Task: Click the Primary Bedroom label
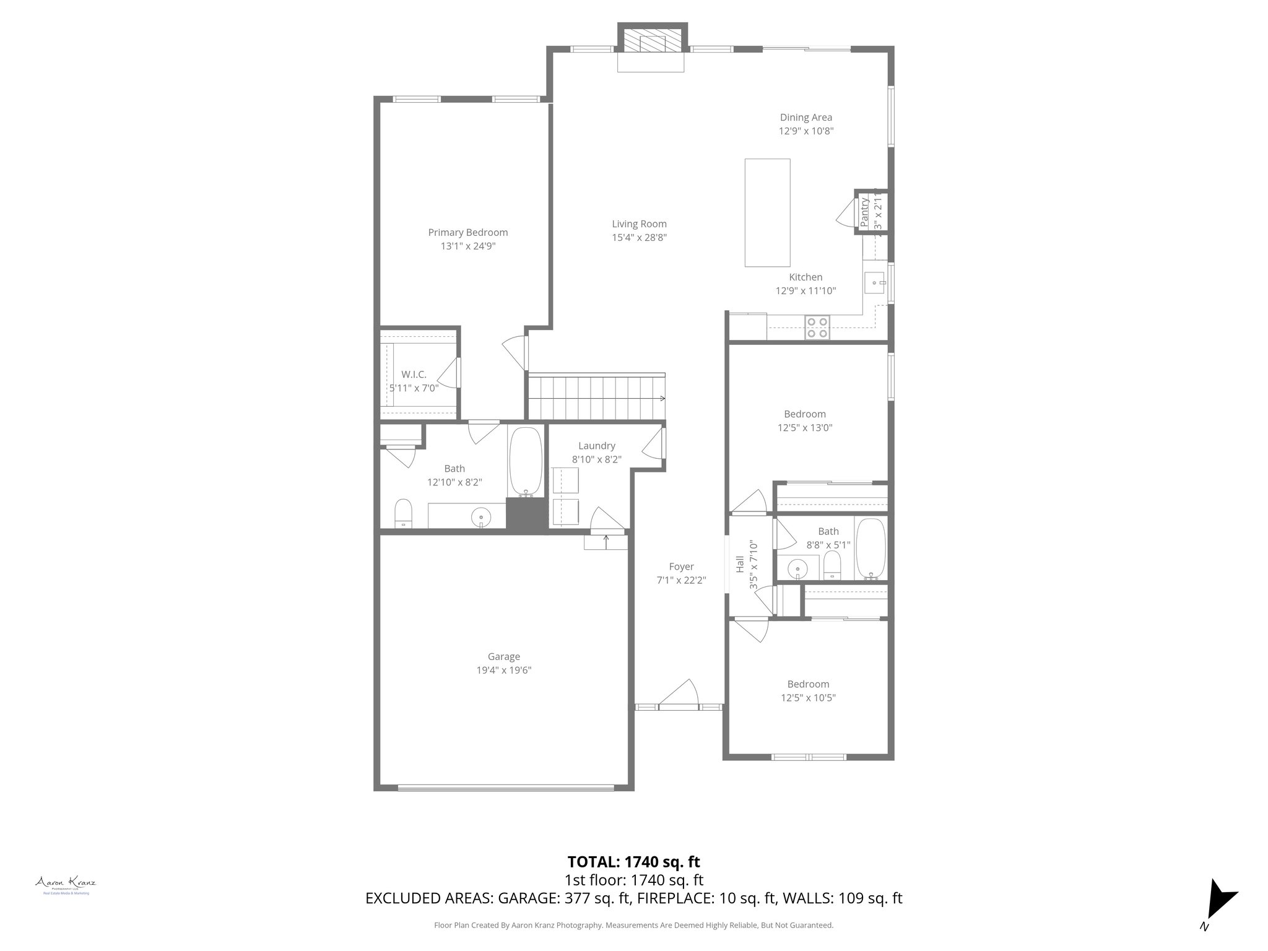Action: pyautogui.click(x=467, y=232)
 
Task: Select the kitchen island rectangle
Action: pyautogui.click(x=767, y=212)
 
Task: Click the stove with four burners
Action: pyautogui.click(x=817, y=328)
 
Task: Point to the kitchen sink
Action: pyautogui.click(x=875, y=283)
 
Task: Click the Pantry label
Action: pyautogui.click(x=864, y=212)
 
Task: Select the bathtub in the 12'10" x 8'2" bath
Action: pyautogui.click(x=525, y=462)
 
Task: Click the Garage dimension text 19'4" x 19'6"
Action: pyautogui.click(x=503, y=670)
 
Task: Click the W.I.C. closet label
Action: pyautogui.click(x=414, y=375)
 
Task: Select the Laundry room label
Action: pyautogui.click(x=596, y=446)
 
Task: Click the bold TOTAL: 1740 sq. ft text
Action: pyautogui.click(x=633, y=861)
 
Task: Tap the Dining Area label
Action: pyautogui.click(x=806, y=118)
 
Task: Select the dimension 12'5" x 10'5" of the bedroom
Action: pyautogui.click(x=808, y=698)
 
